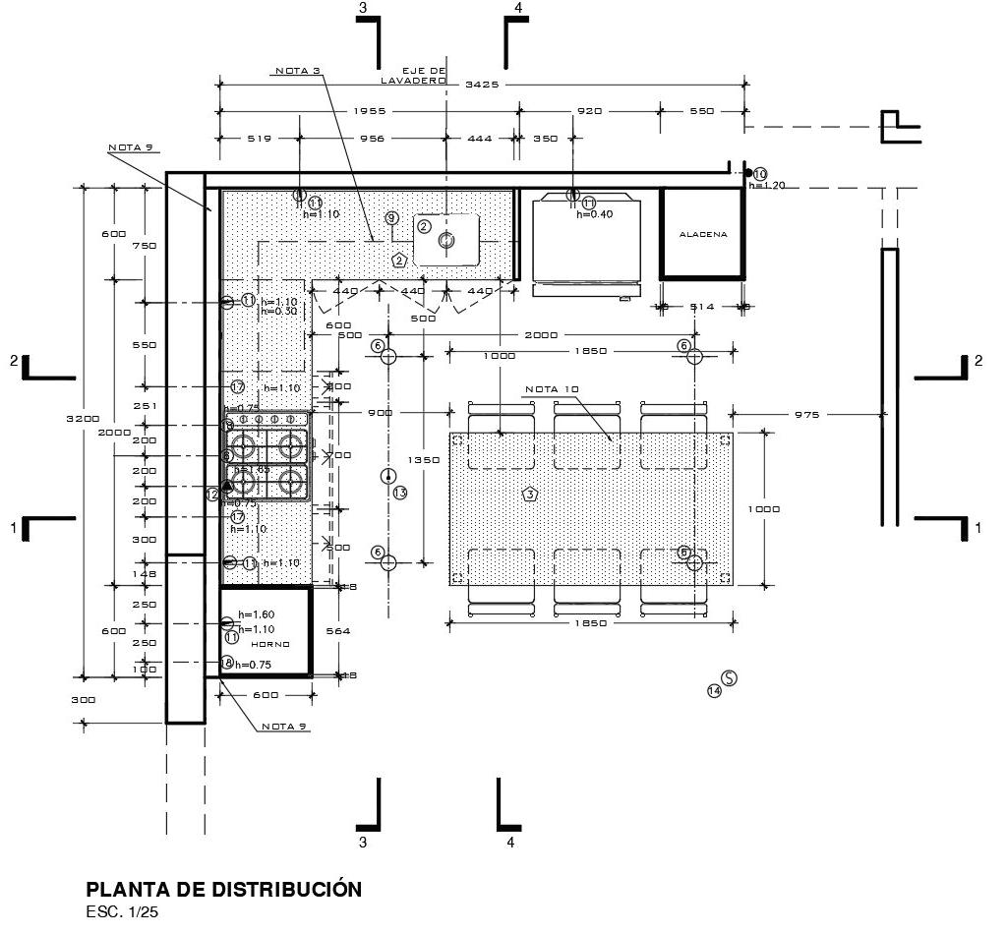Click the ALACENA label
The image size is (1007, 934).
(x=703, y=234)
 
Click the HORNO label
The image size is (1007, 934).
(x=269, y=644)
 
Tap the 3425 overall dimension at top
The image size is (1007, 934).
(x=482, y=85)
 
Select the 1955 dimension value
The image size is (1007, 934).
(x=369, y=111)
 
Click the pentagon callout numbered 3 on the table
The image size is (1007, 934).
(x=529, y=494)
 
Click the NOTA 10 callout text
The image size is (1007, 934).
(x=552, y=388)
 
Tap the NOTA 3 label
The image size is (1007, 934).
(x=298, y=72)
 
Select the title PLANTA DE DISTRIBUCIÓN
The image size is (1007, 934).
(x=224, y=890)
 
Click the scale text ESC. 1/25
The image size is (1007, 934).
(x=122, y=912)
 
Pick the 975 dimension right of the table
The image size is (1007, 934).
(x=806, y=415)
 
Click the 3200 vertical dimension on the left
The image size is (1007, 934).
(x=84, y=418)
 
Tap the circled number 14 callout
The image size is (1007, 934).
(x=714, y=691)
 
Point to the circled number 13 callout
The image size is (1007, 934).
(x=399, y=493)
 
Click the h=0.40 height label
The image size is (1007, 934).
(x=595, y=215)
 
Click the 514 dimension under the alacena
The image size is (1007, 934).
(x=701, y=307)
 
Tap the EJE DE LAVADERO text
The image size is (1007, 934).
(x=425, y=76)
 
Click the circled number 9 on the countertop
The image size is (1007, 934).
(x=391, y=217)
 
